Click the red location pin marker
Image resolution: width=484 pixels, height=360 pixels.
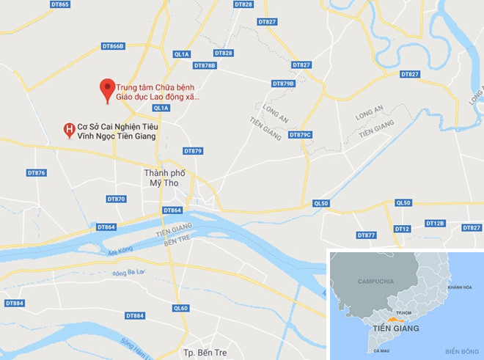[x=108, y=88]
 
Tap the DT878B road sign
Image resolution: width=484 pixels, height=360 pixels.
[x=205, y=66]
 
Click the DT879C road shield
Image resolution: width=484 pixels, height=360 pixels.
[x=300, y=134]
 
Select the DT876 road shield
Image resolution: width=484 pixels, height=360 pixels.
[x=36, y=173]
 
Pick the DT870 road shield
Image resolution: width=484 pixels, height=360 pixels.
[x=116, y=199]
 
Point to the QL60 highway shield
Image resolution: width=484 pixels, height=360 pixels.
[x=180, y=308]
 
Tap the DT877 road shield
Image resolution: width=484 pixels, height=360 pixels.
[x=366, y=235]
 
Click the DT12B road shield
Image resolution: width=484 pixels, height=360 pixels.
[x=435, y=223]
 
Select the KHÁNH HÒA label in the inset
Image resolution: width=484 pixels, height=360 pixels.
[x=461, y=287]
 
